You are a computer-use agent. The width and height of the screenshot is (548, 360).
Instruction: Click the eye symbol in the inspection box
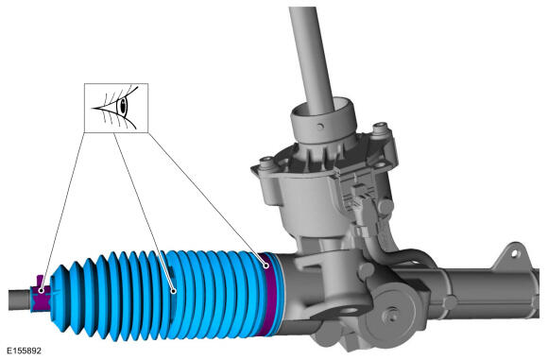tap(115, 108)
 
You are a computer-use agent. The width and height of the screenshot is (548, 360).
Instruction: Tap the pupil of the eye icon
tap(123, 106)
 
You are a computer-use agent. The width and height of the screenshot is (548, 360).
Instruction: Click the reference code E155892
tap(25, 351)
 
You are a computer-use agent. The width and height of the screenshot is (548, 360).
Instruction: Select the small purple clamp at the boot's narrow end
tap(41, 293)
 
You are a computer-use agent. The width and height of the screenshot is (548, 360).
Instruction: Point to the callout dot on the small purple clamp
tap(42, 290)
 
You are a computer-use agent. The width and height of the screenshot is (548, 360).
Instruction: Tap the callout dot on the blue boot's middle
tap(173, 290)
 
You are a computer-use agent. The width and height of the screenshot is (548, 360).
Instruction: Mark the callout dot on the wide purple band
tap(266, 266)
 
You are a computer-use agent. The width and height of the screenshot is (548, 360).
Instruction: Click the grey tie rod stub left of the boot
tap(20, 300)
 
